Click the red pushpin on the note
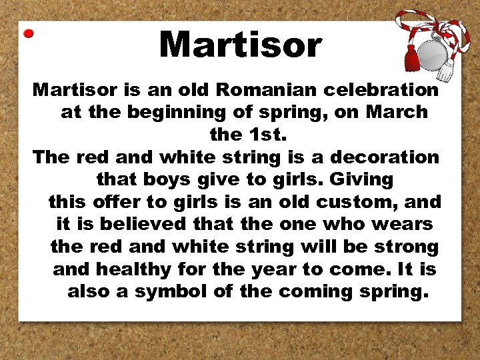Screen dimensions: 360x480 (x=28, y=33)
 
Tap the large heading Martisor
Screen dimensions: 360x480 (x=241, y=45)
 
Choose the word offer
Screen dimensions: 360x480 (x=117, y=201)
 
